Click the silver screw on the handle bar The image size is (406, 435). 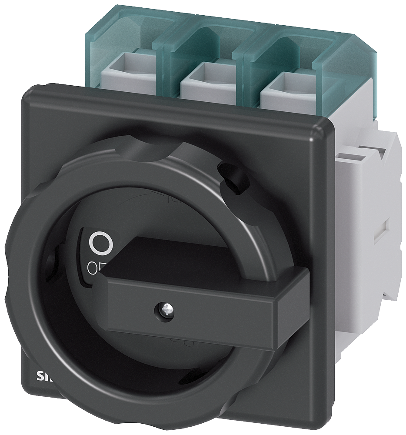pos(160,310)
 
